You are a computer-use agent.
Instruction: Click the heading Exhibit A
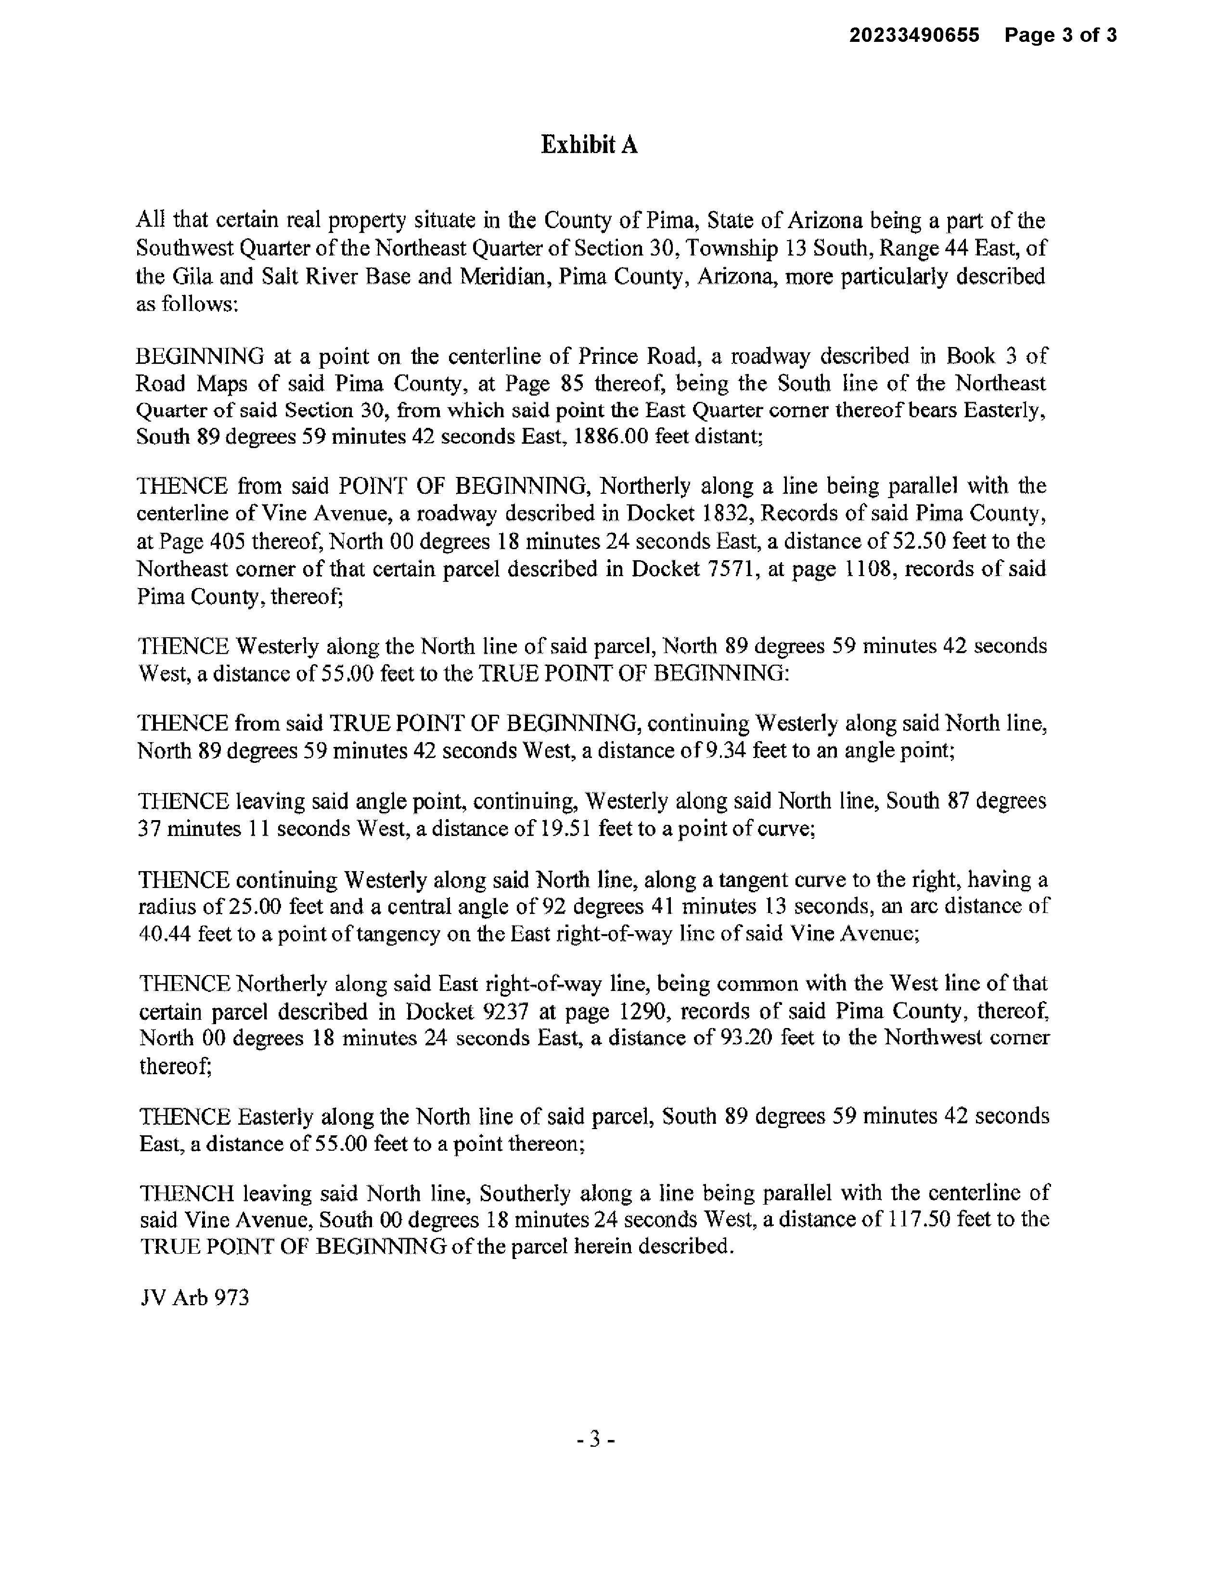[589, 145]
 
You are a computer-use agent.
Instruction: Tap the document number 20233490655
[914, 35]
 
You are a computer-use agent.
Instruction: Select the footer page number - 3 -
[595, 1440]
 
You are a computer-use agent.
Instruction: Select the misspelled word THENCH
[187, 1193]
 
